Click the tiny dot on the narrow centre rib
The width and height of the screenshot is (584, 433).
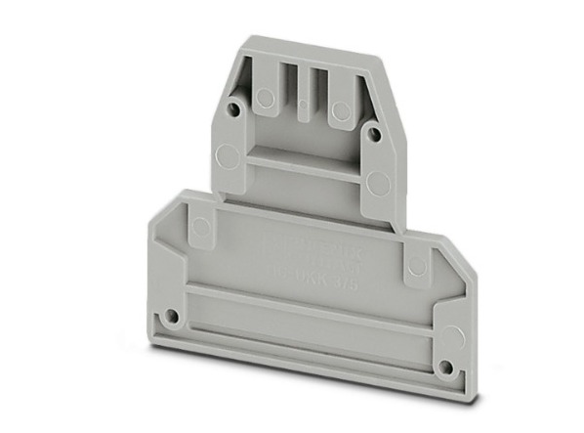point(302,104)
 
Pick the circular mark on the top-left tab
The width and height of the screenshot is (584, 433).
point(264,96)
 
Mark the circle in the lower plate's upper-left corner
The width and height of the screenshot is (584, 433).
point(201,229)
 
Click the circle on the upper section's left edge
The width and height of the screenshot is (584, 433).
point(226,154)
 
